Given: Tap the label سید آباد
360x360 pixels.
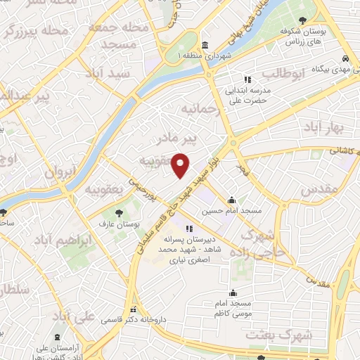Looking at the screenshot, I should tap(108, 73).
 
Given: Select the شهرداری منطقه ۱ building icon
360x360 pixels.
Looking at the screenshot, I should tap(204, 45).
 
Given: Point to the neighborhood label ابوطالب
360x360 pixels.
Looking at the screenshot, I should tap(283, 73).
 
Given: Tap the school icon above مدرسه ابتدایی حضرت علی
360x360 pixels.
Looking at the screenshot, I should tap(247, 79).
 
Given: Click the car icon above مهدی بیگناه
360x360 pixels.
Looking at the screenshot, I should tap(346, 58).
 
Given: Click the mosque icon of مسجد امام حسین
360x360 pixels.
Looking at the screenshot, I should tap(232, 200).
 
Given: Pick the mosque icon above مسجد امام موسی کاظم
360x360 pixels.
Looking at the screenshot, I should tap(234, 293).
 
